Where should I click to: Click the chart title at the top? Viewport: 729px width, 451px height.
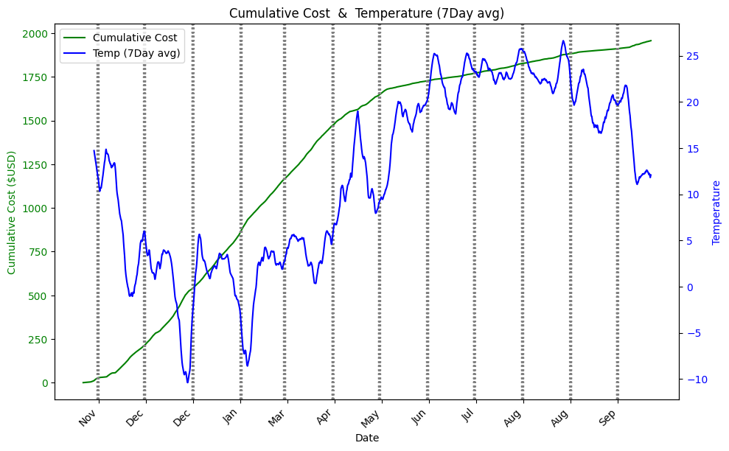[366, 13]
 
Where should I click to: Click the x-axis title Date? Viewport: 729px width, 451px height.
[366, 438]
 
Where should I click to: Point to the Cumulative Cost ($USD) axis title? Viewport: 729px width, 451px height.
[12, 212]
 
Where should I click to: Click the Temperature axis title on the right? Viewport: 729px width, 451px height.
[716, 212]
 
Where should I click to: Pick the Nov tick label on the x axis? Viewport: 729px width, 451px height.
[88, 418]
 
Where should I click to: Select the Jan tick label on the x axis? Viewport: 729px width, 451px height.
[231, 418]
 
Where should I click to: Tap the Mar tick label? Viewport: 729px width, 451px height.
[276, 418]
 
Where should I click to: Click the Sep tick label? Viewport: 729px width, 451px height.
[607, 418]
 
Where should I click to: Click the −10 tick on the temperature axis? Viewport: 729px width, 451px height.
[694, 380]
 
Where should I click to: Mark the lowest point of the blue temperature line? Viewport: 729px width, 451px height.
[187, 382]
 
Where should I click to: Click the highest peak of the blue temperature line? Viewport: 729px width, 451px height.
[563, 41]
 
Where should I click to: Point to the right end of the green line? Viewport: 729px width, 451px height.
[651, 41]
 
